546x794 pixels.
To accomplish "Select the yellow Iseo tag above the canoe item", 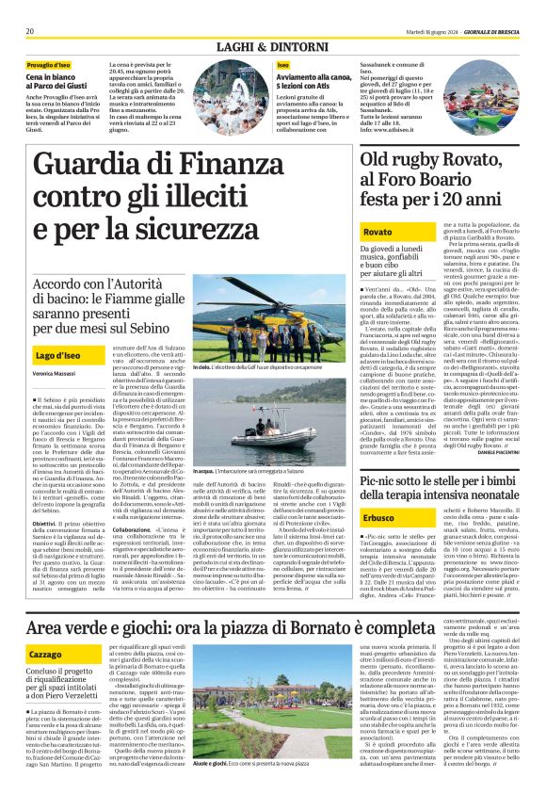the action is point(282,64).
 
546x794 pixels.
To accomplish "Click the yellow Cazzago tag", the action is point(46,653).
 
